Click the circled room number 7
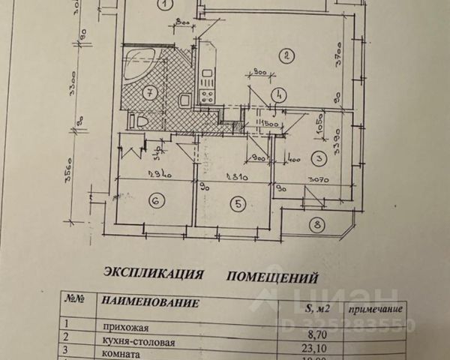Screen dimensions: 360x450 [149, 94]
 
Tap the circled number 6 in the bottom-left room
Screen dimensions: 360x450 [156, 201]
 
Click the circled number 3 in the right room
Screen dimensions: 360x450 [318, 158]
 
